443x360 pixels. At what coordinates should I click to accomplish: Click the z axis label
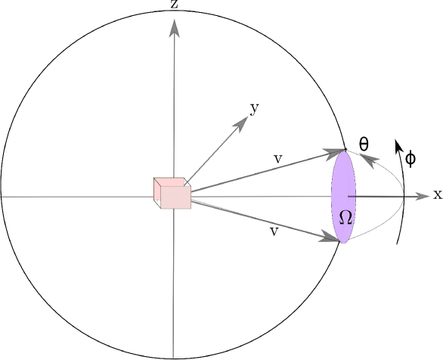click(x=174, y=5)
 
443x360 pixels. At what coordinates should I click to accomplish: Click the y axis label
click(x=255, y=108)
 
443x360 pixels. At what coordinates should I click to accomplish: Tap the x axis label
click(x=437, y=194)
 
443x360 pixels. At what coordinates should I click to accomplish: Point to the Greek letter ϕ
click(x=410, y=159)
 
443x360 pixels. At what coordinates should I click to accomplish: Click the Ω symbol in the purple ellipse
click(x=345, y=217)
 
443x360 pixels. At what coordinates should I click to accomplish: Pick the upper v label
click(x=278, y=159)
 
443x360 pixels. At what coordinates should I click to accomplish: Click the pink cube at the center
click(x=172, y=193)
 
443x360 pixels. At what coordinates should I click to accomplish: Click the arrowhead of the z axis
click(x=174, y=27)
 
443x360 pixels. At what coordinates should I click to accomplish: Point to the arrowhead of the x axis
click(x=419, y=196)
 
